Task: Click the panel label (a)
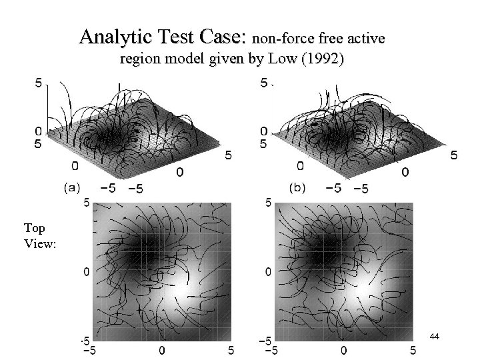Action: coord(73,187)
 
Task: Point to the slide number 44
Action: coord(434,338)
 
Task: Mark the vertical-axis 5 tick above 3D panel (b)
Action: coord(264,83)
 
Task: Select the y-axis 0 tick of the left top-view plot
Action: coord(84,272)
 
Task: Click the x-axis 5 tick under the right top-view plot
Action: coord(413,350)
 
